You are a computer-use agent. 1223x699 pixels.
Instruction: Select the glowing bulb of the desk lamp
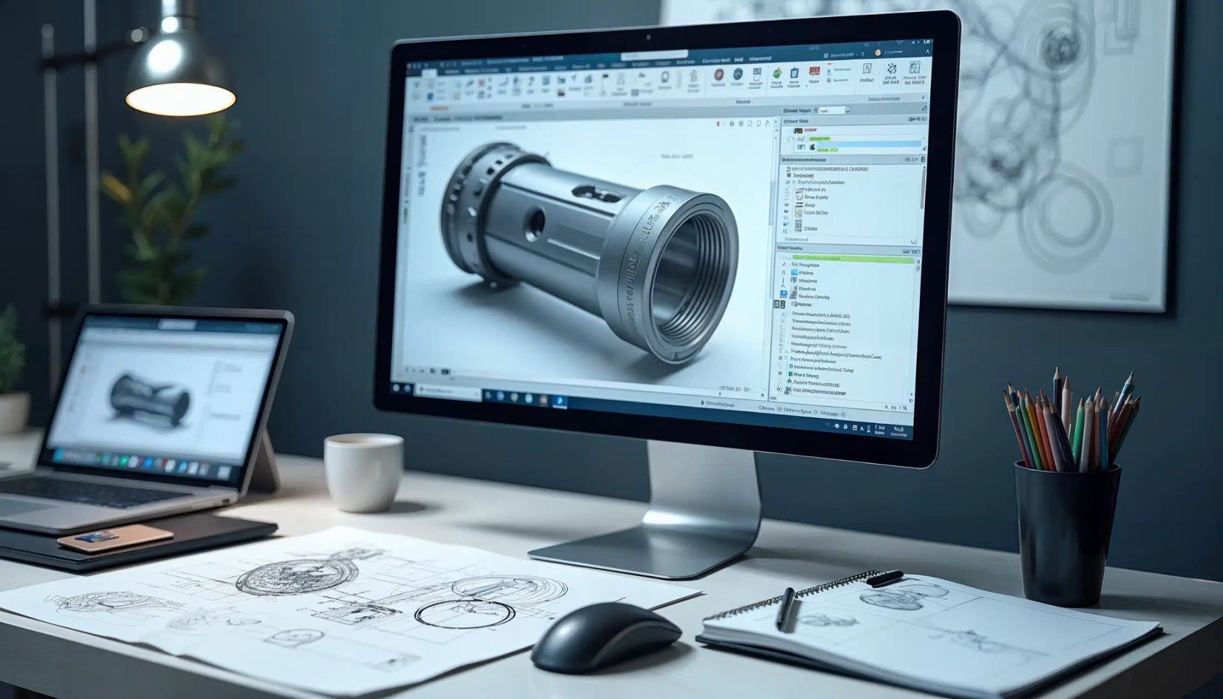pos(181,98)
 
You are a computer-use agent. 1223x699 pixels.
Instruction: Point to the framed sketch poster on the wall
pos(1051,149)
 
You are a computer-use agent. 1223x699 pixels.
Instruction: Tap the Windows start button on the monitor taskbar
pos(395,388)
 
